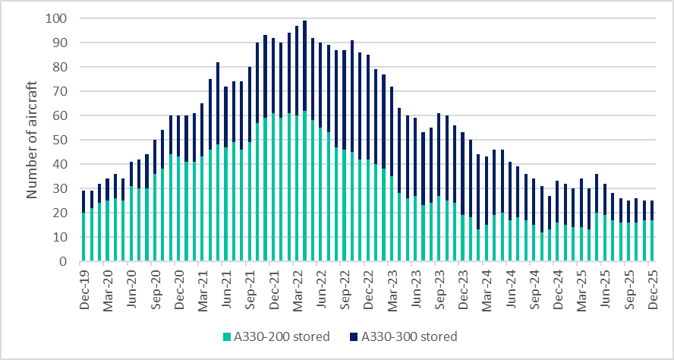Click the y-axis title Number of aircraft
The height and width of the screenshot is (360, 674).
pos(33,140)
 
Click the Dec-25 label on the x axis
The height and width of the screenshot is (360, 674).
pos(651,283)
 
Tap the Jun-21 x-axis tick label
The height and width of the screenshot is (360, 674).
pos(225,283)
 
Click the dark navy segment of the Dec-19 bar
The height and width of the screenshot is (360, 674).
pos(83,201)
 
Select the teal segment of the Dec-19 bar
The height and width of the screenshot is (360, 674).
pos(83,237)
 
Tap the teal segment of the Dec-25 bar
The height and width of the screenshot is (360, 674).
pos(651,241)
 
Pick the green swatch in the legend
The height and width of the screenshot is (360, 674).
pos(225,336)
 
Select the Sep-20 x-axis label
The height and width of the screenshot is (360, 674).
pos(154,283)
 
